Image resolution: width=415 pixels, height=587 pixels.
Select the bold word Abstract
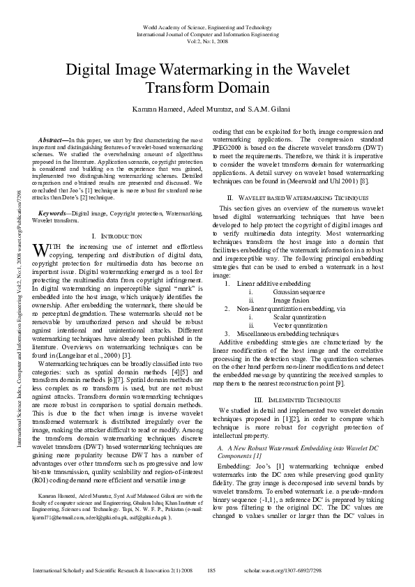click(52, 140)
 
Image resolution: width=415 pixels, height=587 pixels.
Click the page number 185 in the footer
click(211, 571)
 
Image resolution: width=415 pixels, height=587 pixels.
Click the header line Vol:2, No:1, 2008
click(207, 40)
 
